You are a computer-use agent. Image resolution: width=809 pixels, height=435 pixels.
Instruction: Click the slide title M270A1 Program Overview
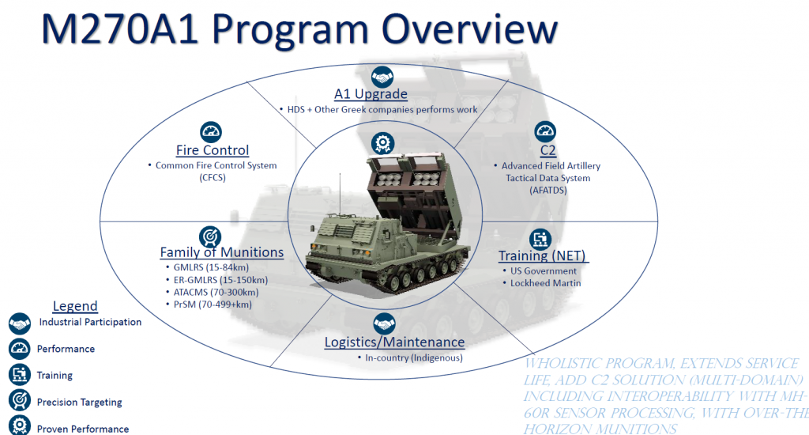click(299, 29)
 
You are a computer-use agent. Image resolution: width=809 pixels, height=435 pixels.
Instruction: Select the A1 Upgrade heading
click(371, 93)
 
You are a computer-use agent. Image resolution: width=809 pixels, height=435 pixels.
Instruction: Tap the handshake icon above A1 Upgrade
click(382, 76)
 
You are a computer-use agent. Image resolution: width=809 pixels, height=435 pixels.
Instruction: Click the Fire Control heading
click(212, 149)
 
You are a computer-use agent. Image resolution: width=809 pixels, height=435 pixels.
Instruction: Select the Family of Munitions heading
click(221, 252)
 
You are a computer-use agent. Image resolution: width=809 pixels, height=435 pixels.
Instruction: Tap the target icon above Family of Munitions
click(210, 235)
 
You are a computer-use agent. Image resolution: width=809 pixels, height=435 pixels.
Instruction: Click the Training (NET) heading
click(543, 255)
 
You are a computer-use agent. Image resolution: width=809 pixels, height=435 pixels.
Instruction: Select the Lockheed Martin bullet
click(545, 282)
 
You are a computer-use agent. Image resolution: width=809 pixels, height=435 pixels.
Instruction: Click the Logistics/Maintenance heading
click(394, 342)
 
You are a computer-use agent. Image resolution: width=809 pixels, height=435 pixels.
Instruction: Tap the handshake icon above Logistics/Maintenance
click(384, 324)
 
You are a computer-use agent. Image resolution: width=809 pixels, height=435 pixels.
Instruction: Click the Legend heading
click(75, 306)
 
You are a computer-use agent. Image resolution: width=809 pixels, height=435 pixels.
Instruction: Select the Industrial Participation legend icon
click(20, 323)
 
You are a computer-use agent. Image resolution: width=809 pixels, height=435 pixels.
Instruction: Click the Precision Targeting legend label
click(79, 402)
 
